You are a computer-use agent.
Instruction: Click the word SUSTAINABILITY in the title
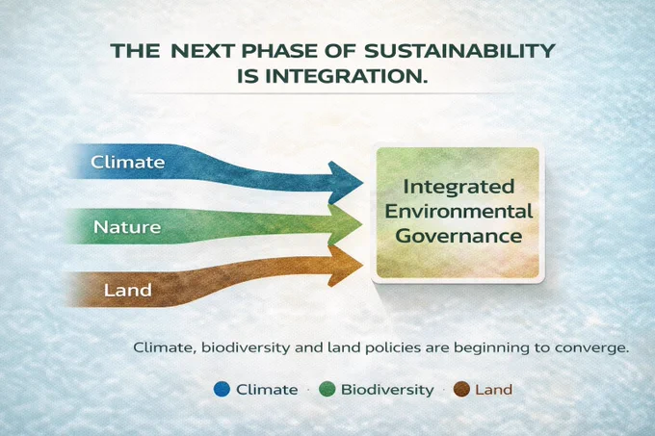point(459,51)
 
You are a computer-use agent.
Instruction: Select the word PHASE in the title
point(279,51)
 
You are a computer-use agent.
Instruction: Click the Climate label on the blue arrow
point(128,163)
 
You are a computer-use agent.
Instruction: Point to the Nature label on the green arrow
point(127,227)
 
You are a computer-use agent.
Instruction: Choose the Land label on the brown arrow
point(128,291)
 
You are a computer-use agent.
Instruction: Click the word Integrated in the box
point(458,187)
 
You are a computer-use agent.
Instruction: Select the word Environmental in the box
point(458,211)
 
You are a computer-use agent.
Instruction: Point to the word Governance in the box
point(458,236)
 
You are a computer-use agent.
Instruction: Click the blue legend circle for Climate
point(222,389)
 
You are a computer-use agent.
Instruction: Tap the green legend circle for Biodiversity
point(327,389)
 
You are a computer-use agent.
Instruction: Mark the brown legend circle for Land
point(461,389)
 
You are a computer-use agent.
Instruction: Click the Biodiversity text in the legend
point(387,390)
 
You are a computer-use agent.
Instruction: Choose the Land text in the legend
point(494,390)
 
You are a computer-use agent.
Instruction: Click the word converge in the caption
point(591,347)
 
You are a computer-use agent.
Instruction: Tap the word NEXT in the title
point(202,51)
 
